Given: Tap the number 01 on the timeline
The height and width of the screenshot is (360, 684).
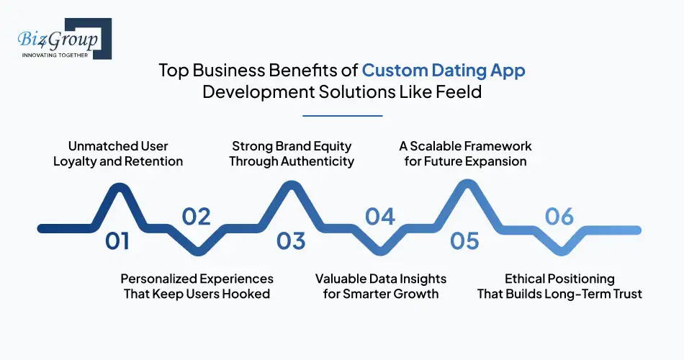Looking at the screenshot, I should coord(117,241).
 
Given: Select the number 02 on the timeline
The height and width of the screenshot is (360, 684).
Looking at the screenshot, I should coord(196,217).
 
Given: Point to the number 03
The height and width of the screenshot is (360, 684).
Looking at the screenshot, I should coord(291,241).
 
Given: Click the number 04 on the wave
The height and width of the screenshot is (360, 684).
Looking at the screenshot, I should coord(380,217).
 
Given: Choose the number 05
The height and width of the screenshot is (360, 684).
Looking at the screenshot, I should coord(465,241).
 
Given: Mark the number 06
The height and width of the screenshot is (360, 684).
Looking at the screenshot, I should coord(559,217).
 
